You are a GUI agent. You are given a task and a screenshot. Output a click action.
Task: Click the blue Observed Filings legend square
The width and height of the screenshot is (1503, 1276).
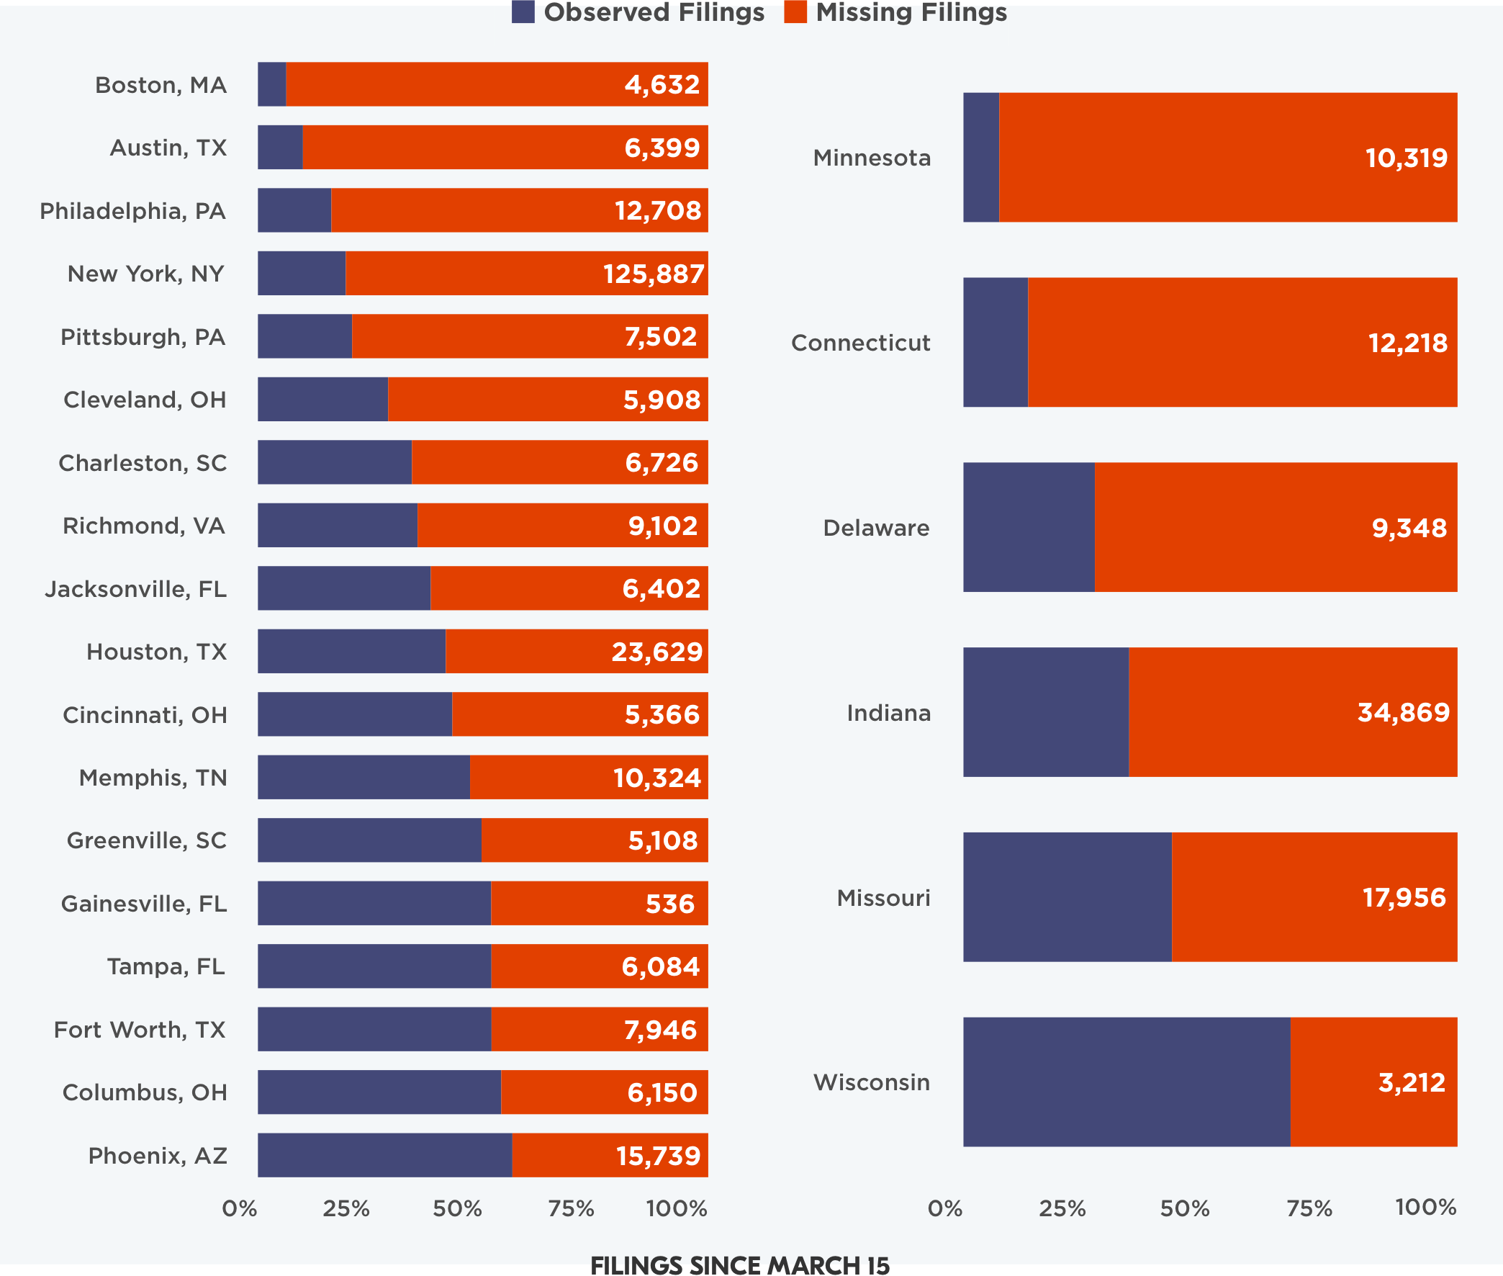(523, 12)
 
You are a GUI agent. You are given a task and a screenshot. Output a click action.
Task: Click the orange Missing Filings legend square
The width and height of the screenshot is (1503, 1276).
(795, 12)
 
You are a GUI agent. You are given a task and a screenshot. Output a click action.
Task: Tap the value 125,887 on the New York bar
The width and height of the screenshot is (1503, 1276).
(654, 274)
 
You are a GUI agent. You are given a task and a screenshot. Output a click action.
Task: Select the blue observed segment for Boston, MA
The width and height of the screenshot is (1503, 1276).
(272, 85)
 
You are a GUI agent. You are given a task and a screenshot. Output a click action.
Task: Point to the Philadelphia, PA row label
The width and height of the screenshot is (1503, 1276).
(133, 211)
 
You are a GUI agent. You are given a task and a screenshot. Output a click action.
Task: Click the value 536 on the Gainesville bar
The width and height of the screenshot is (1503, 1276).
(669, 904)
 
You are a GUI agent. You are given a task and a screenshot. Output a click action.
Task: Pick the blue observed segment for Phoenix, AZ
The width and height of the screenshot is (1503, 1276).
(384, 1155)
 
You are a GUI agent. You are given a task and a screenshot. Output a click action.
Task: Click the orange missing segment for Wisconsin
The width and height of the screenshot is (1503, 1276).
(1373, 1082)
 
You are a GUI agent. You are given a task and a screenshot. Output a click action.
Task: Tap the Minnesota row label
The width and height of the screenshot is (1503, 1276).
(872, 158)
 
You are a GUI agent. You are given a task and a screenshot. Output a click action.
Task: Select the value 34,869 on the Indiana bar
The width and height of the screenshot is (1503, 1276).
(1403, 712)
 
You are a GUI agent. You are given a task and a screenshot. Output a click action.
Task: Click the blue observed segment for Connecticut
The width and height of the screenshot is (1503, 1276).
(996, 342)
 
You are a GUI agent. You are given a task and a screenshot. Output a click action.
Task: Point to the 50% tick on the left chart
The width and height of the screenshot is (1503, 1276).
(457, 1209)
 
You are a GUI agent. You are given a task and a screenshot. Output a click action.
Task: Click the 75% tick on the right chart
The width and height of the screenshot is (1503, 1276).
(1309, 1209)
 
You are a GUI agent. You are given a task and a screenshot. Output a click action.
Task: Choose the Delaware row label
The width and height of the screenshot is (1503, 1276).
(876, 528)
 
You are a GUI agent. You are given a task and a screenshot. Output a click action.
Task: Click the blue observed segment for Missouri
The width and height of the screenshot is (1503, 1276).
(1067, 897)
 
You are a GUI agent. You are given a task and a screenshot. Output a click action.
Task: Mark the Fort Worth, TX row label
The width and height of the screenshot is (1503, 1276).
(140, 1029)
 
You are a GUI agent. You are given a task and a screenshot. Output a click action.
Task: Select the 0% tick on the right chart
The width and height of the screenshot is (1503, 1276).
(945, 1209)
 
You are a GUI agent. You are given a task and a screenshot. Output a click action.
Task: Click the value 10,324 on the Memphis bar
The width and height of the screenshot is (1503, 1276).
(657, 778)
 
